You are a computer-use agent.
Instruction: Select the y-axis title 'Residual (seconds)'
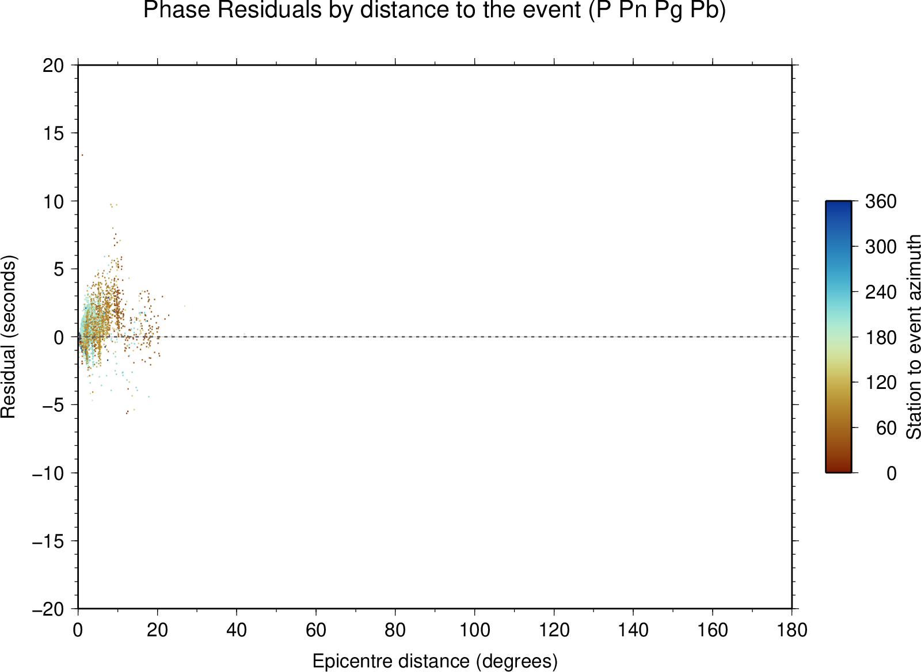tap(8, 337)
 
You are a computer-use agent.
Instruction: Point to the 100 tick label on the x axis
tap(474, 630)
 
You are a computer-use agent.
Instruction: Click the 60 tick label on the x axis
tap(316, 630)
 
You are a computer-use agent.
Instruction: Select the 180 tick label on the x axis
tap(792, 630)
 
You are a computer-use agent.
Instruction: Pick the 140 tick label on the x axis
tap(633, 630)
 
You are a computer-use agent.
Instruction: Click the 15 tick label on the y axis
tap(54, 133)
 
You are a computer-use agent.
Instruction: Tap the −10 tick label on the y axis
tap(48, 474)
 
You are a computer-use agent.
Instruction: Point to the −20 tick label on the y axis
tap(48, 609)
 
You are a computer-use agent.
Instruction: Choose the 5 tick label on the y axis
tap(59, 269)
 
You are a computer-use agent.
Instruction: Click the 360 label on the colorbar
tap(881, 202)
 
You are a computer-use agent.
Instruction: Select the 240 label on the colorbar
tap(881, 293)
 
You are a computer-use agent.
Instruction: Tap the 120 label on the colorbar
tap(881, 383)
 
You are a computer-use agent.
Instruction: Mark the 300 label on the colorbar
tap(881, 247)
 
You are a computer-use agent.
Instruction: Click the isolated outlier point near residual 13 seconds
tap(82, 155)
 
